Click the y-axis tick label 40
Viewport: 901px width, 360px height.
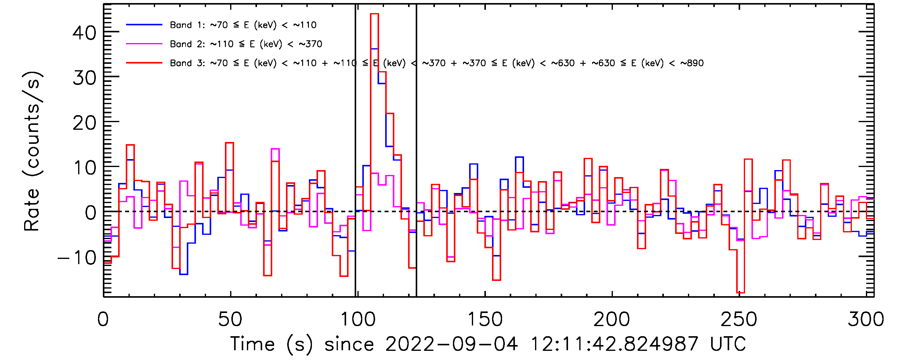tap(84, 34)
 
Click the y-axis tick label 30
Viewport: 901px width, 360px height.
tap(84, 78)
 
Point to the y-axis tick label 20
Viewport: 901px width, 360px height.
tap(84, 123)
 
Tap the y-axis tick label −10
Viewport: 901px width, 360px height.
tap(77, 258)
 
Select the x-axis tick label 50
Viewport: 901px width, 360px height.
tap(230, 319)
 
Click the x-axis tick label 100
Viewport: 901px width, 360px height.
tap(357, 319)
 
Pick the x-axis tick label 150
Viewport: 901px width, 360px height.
tap(485, 319)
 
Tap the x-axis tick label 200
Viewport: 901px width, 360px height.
tap(612, 319)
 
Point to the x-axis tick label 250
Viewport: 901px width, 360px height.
tap(739, 319)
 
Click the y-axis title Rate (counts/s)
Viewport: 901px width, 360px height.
tap(32, 151)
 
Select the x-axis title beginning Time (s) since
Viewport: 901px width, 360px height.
tap(488, 344)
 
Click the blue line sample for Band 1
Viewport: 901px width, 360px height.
tap(144, 25)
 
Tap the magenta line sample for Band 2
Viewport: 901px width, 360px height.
tap(144, 44)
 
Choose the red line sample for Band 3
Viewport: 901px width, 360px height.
tap(144, 63)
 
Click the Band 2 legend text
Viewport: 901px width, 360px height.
tap(246, 44)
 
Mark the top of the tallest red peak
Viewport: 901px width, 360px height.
tap(374, 14)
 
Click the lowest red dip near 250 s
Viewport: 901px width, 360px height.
tap(740, 293)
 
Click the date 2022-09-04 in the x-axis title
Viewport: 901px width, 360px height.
tap(451, 344)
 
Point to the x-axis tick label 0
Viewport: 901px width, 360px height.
tap(103, 319)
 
